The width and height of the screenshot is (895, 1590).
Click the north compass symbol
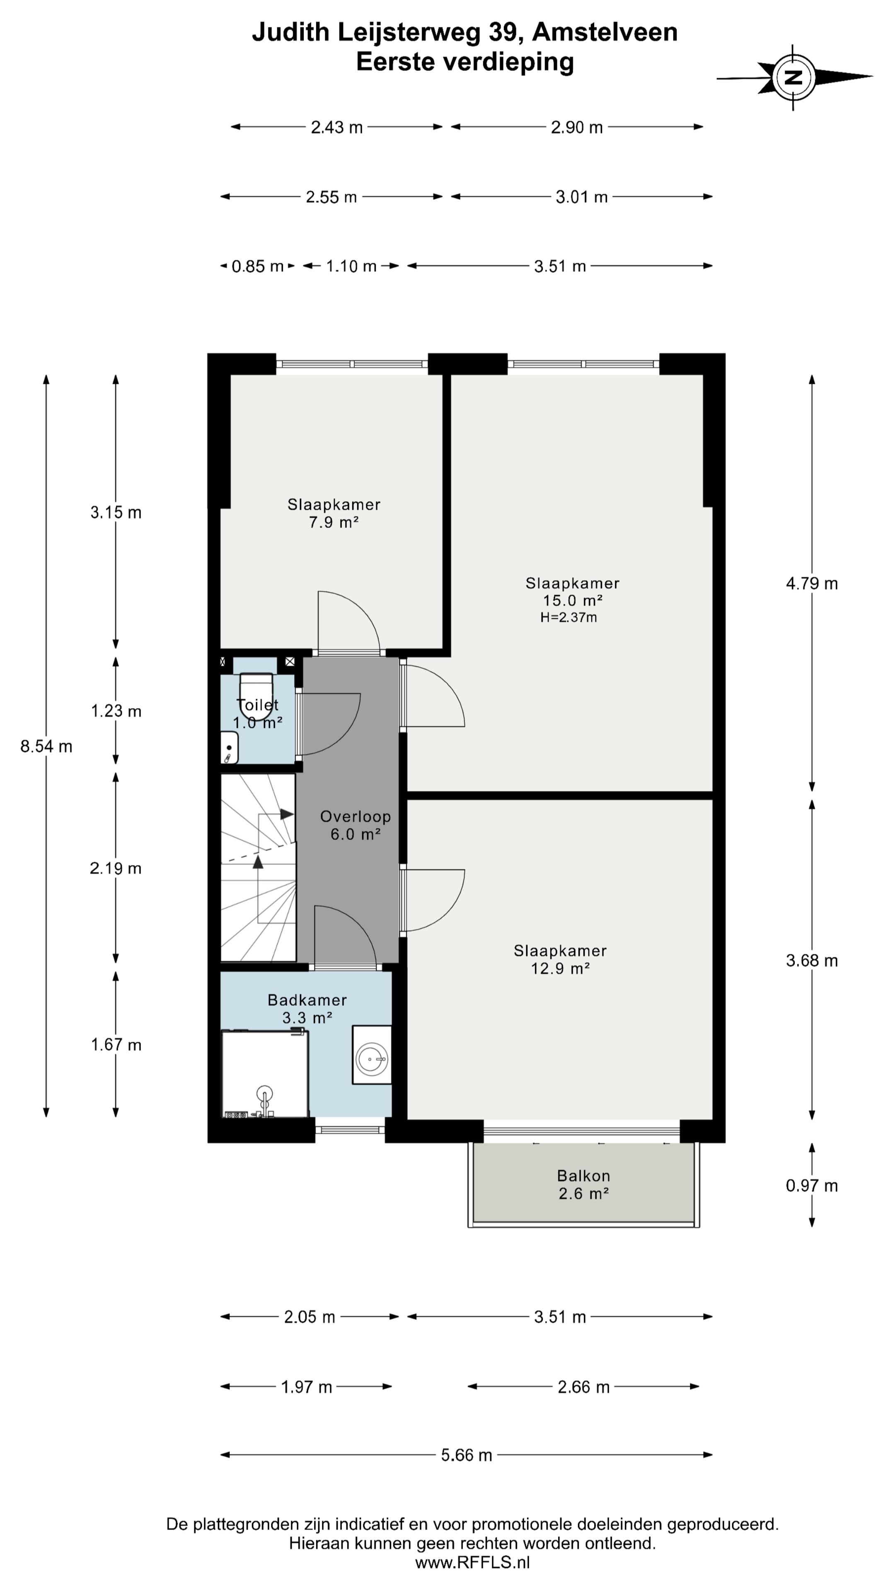click(794, 78)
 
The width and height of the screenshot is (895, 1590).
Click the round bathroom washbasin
click(372, 1059)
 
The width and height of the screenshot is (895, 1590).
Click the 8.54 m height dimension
click(46, 746)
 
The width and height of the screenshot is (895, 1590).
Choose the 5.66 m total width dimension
click(466, 1455)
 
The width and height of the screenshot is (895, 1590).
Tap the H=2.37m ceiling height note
click(568, 617)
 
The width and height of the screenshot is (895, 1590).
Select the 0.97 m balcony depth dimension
click(812, 1185)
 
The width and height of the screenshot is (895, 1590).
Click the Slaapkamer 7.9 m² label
click(334, 513)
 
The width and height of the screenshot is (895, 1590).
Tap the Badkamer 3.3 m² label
click(307, 1009)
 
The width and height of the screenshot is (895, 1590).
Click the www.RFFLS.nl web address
click(472, 1562)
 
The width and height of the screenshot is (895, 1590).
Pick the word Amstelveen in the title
click(605, 32)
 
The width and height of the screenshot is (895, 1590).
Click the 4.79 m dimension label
click(812, 583)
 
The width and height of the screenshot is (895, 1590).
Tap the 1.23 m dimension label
click(116, 711)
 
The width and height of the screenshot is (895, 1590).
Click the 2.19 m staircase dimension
click(116, 868)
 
